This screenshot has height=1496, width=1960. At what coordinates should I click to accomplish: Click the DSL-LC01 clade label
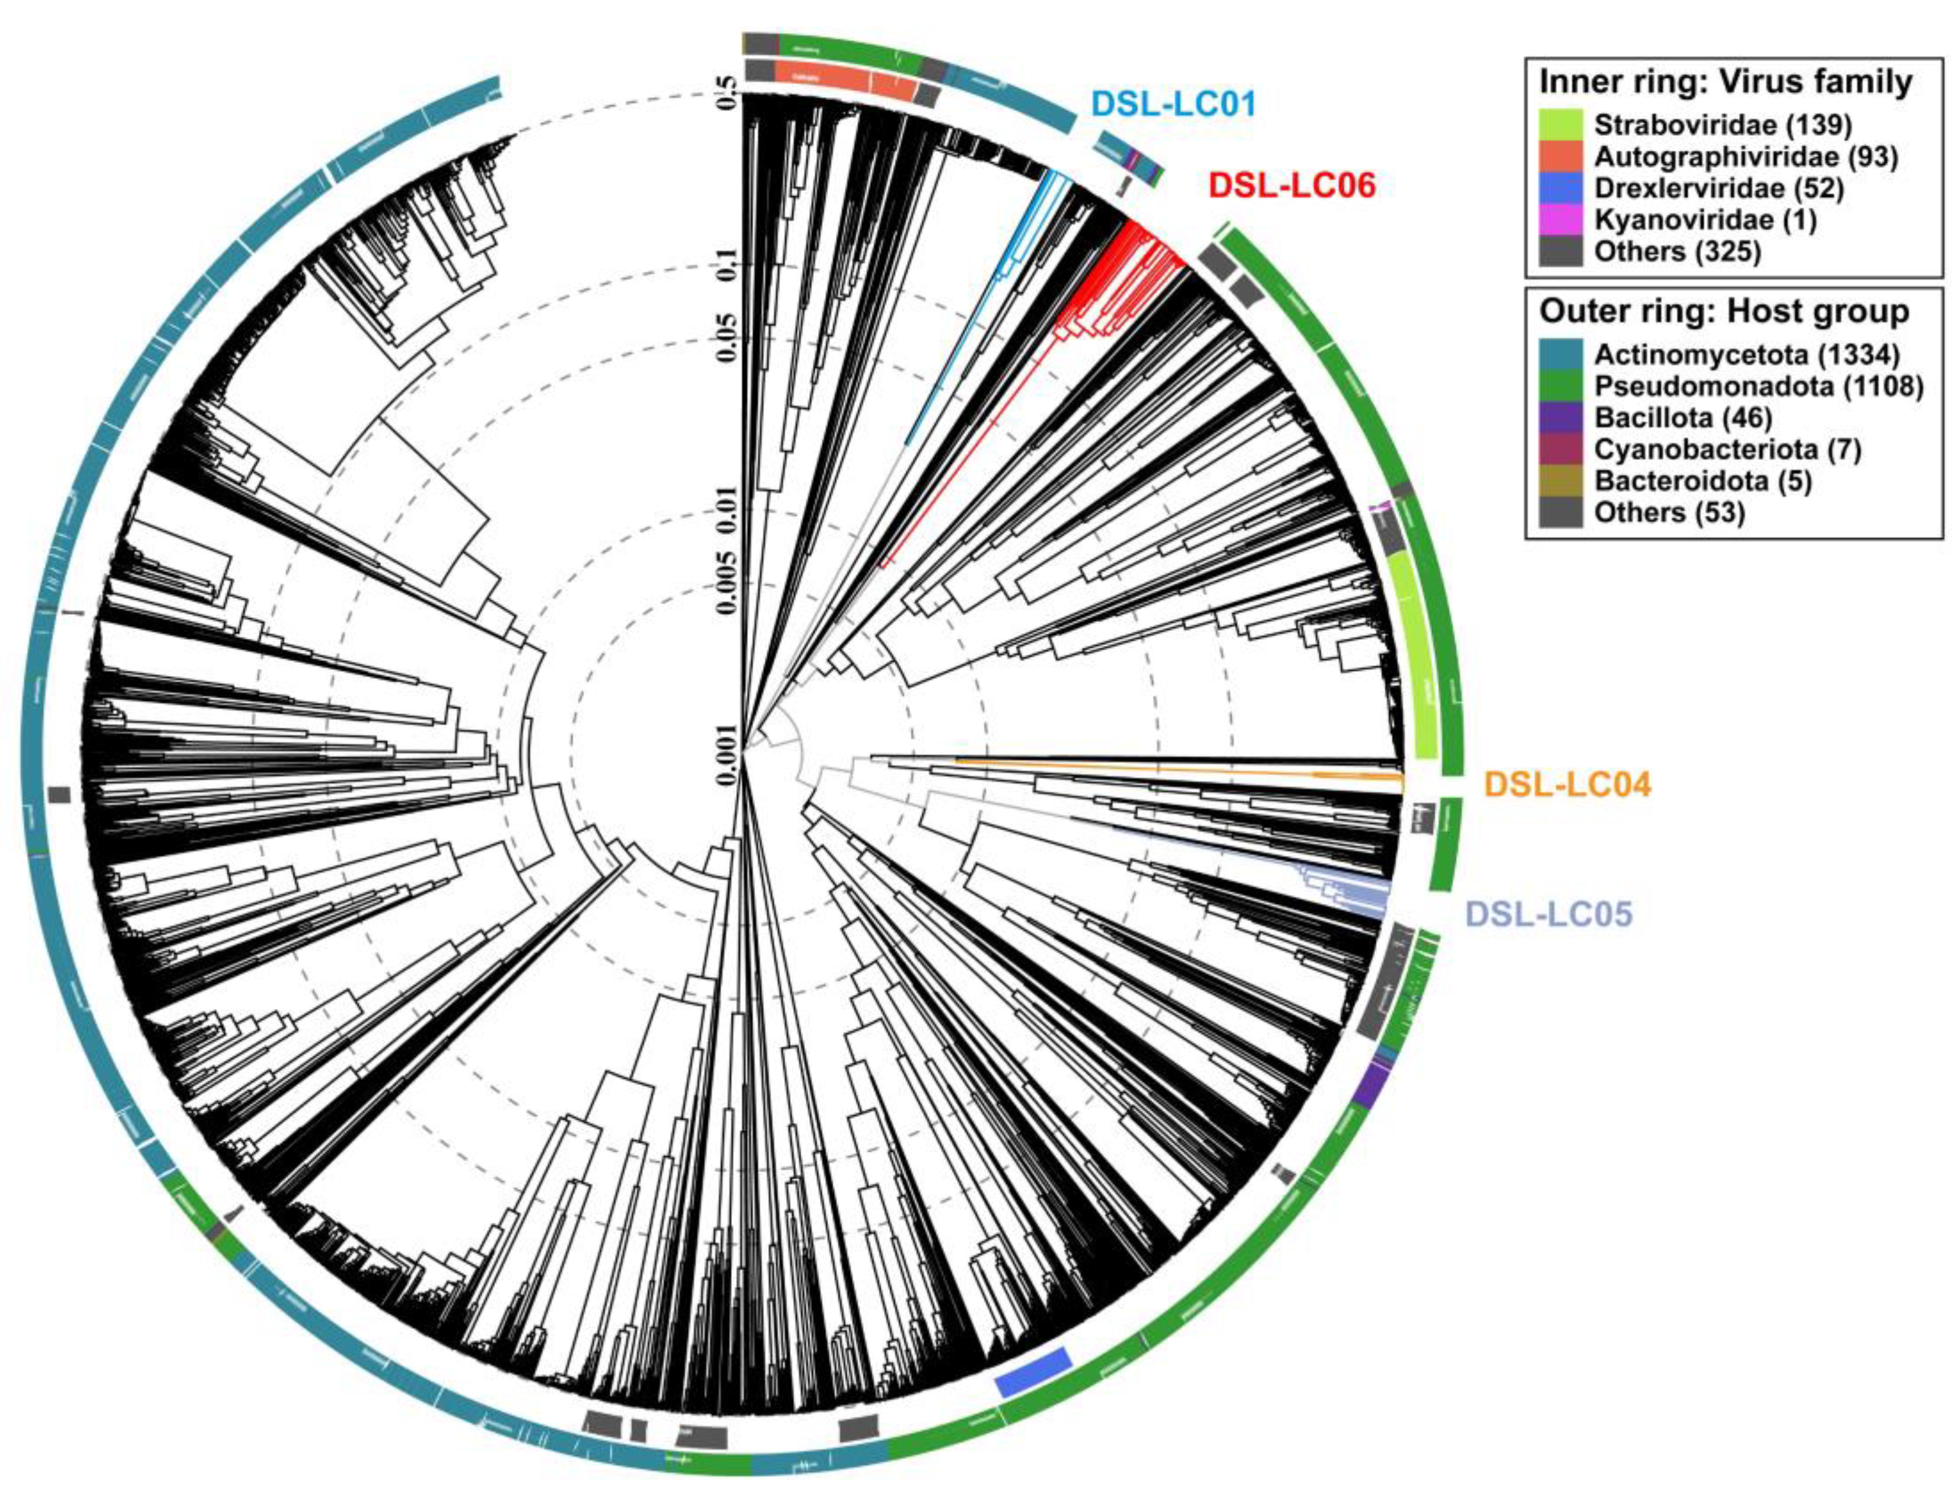click(x=1173, y=105)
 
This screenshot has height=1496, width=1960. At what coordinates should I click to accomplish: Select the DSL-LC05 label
click(x=1548, y=914)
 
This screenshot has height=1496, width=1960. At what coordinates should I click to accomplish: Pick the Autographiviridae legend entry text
click(x=1745, y=156)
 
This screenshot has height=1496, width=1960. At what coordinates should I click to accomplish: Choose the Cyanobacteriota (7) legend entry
click(x=1727, y=449)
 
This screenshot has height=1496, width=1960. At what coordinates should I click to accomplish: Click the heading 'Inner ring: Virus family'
click(x=1725, y=82)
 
